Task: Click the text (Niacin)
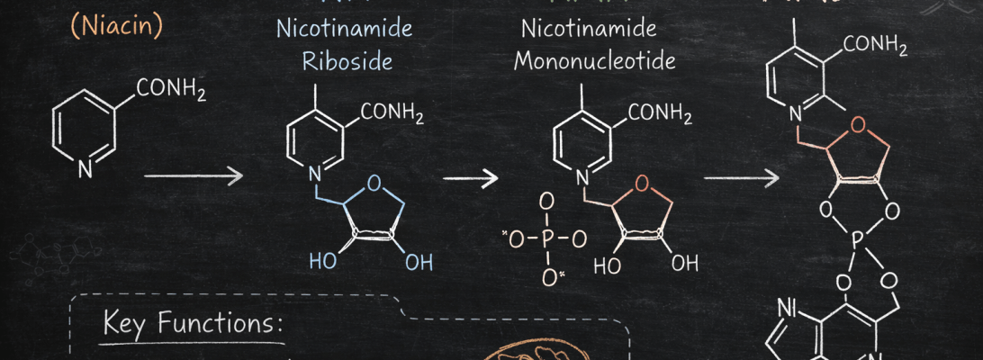(x=117, y=26)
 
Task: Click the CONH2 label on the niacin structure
(x=171, y=90)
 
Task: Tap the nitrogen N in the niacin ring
(x=84, y=167)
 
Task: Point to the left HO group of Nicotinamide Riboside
(x=321, y=262)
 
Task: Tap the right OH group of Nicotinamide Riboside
(x=418, y=262)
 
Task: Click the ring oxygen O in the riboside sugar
(x=374, y=187)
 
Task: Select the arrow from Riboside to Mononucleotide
(x=470, y=177)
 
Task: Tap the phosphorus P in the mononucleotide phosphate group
(x=545, y=239)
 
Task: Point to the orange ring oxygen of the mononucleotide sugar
(x=641, y=185)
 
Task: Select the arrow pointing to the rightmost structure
(x=740, y=177)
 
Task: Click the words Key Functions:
(x=194, y=322)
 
